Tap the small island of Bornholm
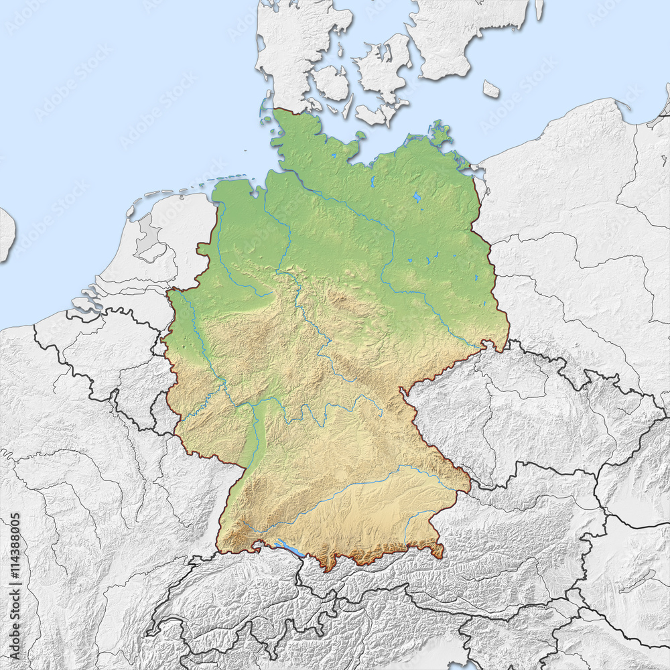click(x=491, y=89)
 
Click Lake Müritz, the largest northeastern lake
click(x=417, y=197)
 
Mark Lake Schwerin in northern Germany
click(x=371, y=181)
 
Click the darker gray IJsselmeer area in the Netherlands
click(x=148, y=241)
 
